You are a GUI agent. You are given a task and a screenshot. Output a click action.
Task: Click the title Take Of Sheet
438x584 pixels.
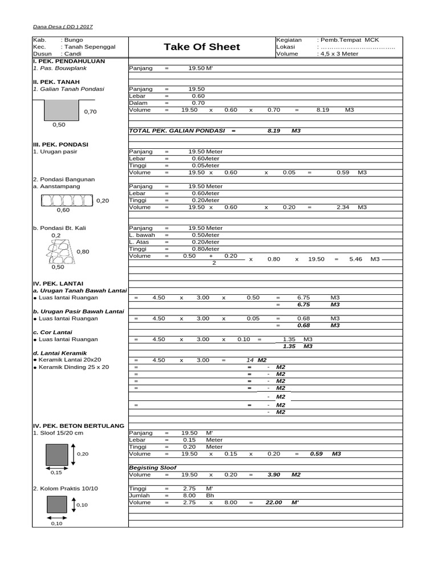click(x=202, y=47)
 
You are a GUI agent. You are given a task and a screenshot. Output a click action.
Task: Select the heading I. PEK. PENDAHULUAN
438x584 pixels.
click(x=69, y=60)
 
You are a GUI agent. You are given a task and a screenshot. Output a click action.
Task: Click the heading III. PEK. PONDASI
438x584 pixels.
click(x=61, y=145)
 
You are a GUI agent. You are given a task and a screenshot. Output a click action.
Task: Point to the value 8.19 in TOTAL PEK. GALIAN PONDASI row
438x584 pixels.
click(x=274, y=131)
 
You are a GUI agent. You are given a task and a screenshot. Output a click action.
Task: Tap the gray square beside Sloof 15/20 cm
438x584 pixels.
click(x=57, y=454)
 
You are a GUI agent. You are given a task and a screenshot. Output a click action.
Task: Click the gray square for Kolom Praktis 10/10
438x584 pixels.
click(x=57, y=504)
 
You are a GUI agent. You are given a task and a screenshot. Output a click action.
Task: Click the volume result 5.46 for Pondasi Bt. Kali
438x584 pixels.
click(x=355, y=259)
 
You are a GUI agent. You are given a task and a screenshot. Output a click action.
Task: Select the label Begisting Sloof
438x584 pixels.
click(x=152, y=467)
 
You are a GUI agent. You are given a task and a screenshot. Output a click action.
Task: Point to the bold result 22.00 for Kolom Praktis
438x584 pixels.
click(x=274, y=502)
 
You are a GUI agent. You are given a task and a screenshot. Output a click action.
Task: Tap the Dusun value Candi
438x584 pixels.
click(x=72, y=54)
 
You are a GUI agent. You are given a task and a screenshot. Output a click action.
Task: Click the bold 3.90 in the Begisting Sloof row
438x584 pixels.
click(x=274, y=474)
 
